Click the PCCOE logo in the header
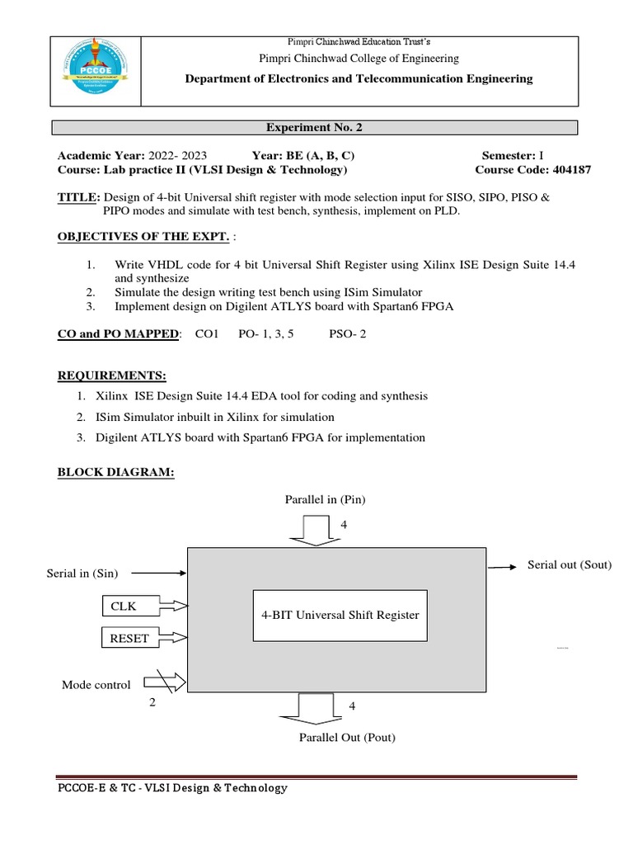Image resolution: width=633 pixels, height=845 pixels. [x=96, y=72]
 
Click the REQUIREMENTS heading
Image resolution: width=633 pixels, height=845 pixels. [x=111, y=375]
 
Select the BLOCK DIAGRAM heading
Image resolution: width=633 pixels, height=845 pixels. [x=115, y=471]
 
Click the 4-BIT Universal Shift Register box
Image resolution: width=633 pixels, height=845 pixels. [x=340, y=615]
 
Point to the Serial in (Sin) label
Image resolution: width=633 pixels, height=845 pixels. [x=82, y=573]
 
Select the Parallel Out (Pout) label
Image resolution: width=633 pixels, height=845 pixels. [x=347, y=737]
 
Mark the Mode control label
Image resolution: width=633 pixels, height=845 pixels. [x=96, y=685]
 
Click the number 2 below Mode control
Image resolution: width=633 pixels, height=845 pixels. [x=152, y=703]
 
